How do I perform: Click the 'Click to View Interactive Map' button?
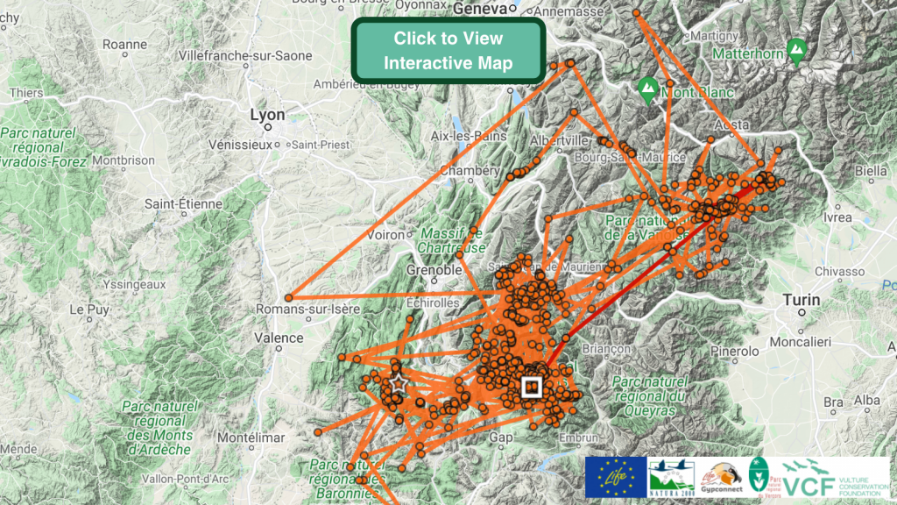pyautogui.click(x=448, y=51)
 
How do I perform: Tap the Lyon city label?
pyautogui.click(x=267, y=115)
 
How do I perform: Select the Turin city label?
pyautogui.click(x=802, y=301)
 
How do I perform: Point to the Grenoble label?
pyautogui.click(x=434, y=270)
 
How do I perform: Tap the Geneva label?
pyautogui.click(x=480, y=9)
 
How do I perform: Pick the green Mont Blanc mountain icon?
pyautogui.click(x=647, y=88)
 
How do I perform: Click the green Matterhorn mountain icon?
pyautogui.click(x=796, y=50)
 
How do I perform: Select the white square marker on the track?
pyautogui.click(x=531, y=387)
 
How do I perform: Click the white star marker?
pyautogui.click(x=398, y=383)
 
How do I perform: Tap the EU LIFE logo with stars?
pyautogui.click(x=615, y=477)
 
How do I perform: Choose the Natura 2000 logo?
pyautogui.click(x=672, y=477)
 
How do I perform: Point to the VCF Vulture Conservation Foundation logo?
pyautogui.click(x=832, y=477)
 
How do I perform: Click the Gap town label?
pyautogui.click(x=501, y=437)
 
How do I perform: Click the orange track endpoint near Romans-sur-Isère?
pyautogui.click(x=288, y=298)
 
